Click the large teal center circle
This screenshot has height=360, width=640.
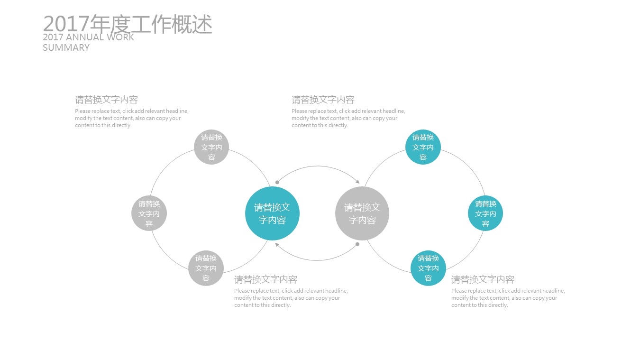click(x=272, y=213)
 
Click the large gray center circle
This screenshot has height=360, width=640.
click(x=362, y=213)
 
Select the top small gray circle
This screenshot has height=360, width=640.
click(x=211, y=147)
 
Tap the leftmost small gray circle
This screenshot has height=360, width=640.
click(x=149, y=213)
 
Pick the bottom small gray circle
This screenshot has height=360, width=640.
click(x=206, y=268)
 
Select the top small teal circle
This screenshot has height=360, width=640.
click(x=423, y=147)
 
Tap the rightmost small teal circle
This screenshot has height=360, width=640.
click(x=485, y=213)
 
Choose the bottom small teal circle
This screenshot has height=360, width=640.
click(x=428, y=268)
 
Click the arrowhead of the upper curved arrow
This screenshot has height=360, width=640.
click(x=357, y=182)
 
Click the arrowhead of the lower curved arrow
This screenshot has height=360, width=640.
click(x=277, y=244)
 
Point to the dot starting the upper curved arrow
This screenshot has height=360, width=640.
click(x=277, y=182)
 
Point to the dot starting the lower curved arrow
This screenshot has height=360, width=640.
click(x=357, y=244)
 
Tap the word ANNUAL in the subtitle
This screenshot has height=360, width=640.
click(x=85, y=37)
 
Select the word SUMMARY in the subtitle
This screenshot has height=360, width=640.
click(x=66, y=47)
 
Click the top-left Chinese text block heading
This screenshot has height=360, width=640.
click(x=106, y=100)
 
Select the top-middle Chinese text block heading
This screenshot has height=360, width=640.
click(x=323, y=100)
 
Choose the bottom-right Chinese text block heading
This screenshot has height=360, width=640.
click(x=483, y=279)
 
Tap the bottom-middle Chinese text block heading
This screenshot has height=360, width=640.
click(x=265, y=279)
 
